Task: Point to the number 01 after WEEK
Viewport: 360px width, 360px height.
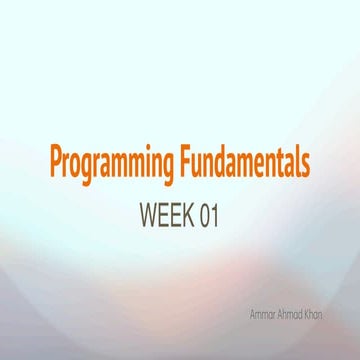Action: (x=209, y=215)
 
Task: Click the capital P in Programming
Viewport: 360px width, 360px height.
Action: (x=57, y=160)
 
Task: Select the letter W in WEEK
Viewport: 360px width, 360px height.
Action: (x=148, y=215)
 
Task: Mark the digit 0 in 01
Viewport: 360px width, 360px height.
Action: (x=205, y=215)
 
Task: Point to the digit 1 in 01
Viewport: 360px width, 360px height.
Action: (x=214, y=215)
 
